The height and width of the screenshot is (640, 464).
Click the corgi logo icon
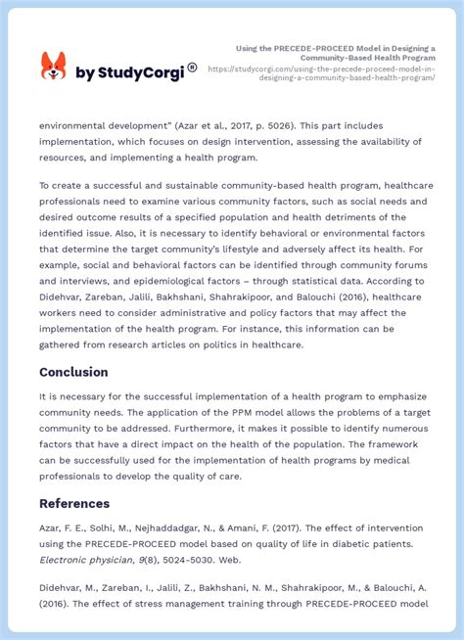point(53,67)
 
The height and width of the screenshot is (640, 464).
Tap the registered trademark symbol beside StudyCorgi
point(192,68)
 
